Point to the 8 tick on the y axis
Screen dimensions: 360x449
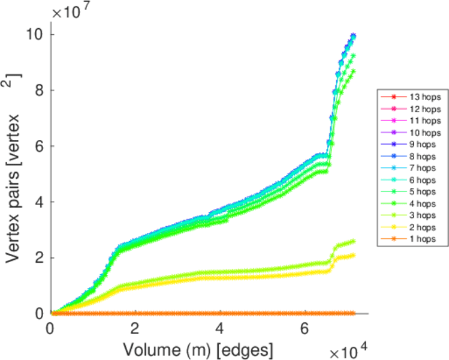[40, 90]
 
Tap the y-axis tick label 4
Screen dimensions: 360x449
[40, 202]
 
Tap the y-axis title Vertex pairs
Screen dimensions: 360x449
[14, 174]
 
